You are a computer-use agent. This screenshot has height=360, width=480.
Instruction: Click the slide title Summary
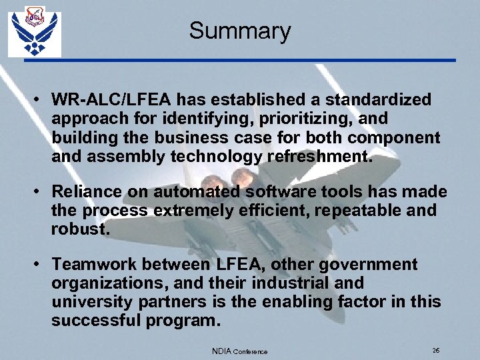[x=239, y=31]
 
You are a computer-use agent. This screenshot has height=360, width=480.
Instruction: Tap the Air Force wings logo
[x=35, y=33]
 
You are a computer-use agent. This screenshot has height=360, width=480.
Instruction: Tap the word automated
[x=197, y=192]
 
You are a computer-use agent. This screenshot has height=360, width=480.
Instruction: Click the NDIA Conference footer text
[x=239, y=351]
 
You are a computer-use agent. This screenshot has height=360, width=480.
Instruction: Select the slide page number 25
[x=435, y=351]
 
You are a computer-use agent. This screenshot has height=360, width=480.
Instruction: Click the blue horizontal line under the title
[x=240, y=60]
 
